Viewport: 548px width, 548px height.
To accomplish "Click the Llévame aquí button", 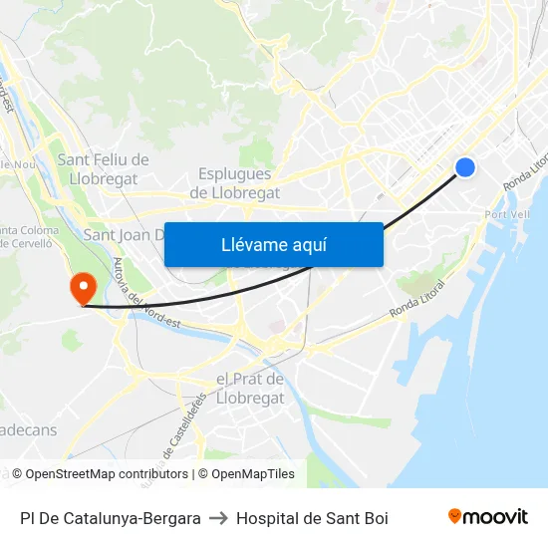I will [273, 244].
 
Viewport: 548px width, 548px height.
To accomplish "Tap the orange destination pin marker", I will [82, 289].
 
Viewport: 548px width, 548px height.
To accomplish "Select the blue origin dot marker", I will [465, 167].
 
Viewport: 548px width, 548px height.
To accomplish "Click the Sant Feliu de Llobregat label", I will [103, 168].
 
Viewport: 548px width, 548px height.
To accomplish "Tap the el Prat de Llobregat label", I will [250, 389].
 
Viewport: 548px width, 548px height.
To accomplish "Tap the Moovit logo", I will [487, 517].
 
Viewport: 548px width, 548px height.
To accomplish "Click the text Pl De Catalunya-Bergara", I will [110, 518].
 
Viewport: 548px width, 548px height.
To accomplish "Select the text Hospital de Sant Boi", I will [312, 518].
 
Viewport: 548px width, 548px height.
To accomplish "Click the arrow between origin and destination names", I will [218, 518].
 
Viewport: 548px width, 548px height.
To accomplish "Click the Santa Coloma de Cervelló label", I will [29, 238].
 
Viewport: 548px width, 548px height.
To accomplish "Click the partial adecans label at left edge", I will [28, 429].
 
